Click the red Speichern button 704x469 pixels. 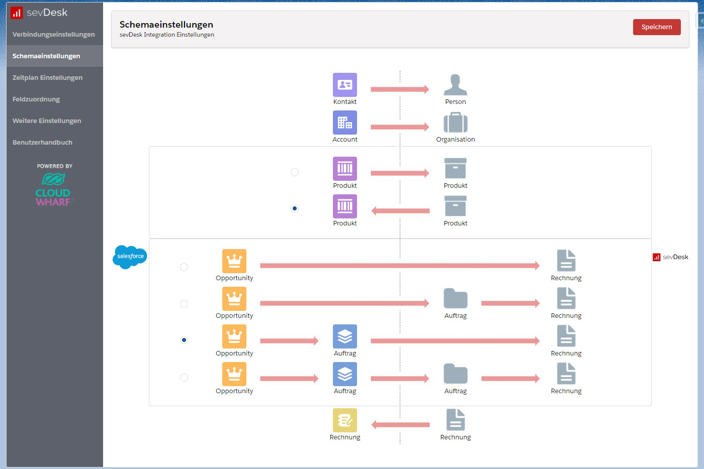coord(656,27)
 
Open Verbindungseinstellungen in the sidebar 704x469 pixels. coord(53,35)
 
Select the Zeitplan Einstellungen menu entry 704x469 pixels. coord(47,78)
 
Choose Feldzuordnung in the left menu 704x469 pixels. coord(36,99)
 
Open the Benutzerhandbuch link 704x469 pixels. coord(42,143)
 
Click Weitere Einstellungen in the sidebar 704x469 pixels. coord(47,121)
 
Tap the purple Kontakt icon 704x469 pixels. coord(345,85)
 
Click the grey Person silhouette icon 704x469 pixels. coord(455,85)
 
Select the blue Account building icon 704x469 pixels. coord(345,123)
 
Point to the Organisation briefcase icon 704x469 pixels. coord(455,123)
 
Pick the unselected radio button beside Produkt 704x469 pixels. coord(295,172)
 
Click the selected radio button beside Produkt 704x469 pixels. coord(295,208)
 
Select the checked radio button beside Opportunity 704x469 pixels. coord(184,340)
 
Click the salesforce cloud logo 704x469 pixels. coord(130,257)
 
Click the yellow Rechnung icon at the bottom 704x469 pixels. coord(345,420)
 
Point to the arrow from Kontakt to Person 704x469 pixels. coord(400,89)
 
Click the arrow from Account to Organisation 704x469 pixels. coord(400,127)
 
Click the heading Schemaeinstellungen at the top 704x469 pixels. coord(166,25)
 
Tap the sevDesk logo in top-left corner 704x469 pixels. coord(39,13)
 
